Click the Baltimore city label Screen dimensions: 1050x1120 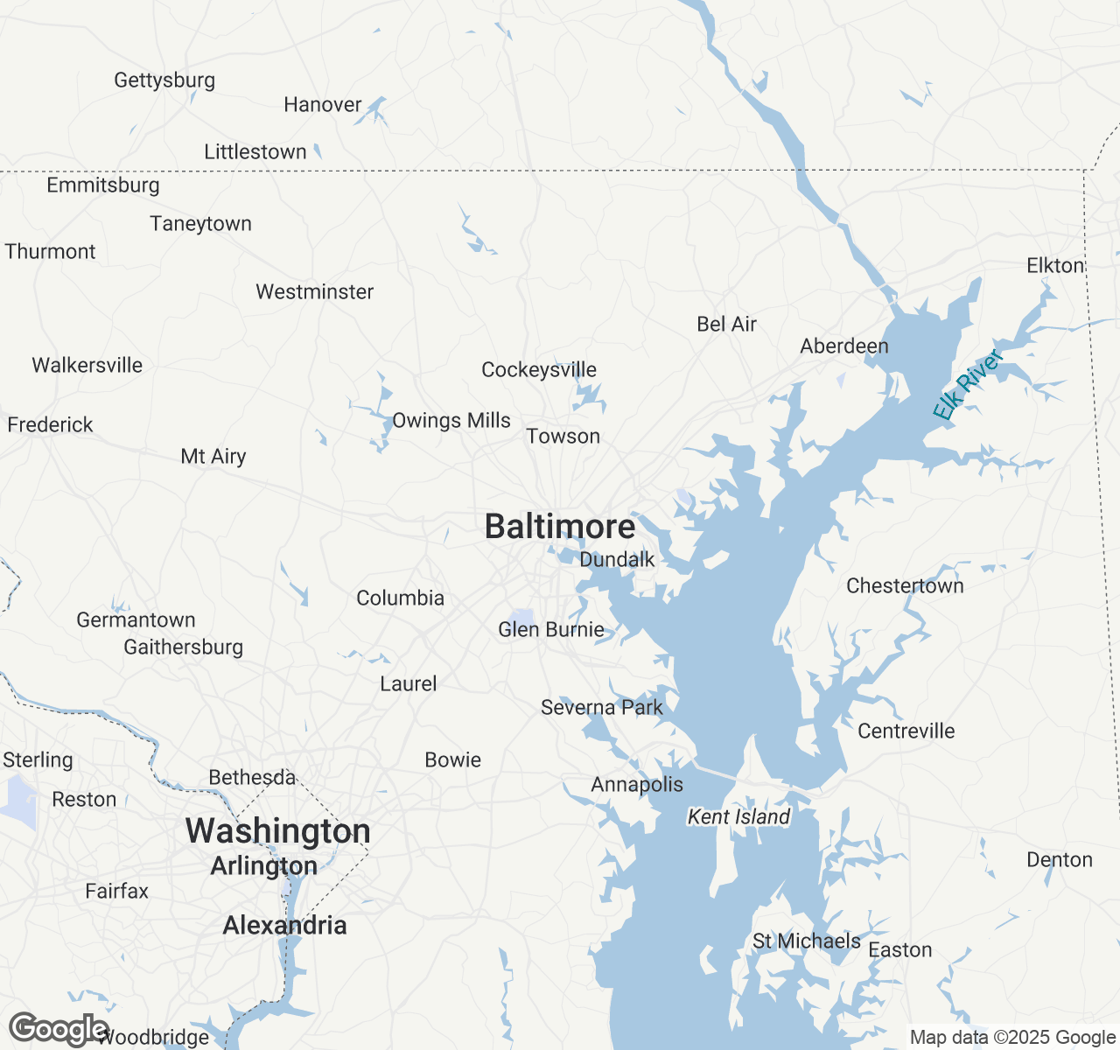click(x=560, y=527)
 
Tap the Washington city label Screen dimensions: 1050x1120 click(x=277, y=830)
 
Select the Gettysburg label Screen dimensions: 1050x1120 click(x=164, y=80)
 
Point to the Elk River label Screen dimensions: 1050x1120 click(x=967, y=385)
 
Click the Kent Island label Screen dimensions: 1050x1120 click(x=738, y=816)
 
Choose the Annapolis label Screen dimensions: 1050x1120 click(x=637, y=784)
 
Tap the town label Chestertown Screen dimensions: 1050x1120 click(x=905, y=585)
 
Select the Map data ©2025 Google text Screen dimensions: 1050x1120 click(x=1012, y=1038)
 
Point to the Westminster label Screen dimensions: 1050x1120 click(x=314, y=291)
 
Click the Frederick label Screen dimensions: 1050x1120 click(x=50, y=424)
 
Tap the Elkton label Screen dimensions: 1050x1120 click(x=1055, y=265)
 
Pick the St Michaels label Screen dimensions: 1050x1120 click(x=807, y=941)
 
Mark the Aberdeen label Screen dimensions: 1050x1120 click(x=844, y=346)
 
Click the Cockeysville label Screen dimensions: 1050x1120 click(x=539, y=370)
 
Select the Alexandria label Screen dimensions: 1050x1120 click(x=284, y=925)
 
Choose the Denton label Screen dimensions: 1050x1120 click(x=1060, y=859)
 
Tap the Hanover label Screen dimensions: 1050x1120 click(x=323, y=104)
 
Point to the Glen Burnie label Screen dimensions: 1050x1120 click(x=551, y=629)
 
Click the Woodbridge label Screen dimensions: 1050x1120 click(x=156, y=1038)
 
